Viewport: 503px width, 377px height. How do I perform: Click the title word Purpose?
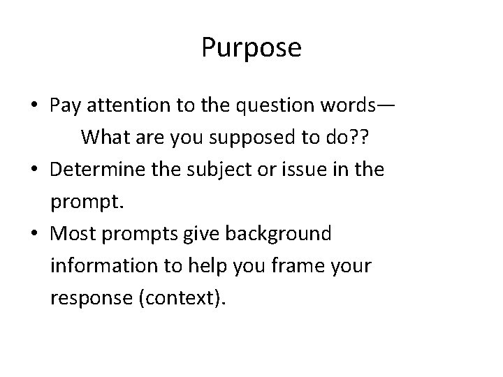[251, 47]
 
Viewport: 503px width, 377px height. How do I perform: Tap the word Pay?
[66, 106]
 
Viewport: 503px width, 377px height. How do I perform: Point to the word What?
[104, 138]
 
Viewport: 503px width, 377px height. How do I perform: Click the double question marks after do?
[358, 138]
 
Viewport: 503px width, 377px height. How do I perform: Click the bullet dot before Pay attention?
[34, 107]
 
